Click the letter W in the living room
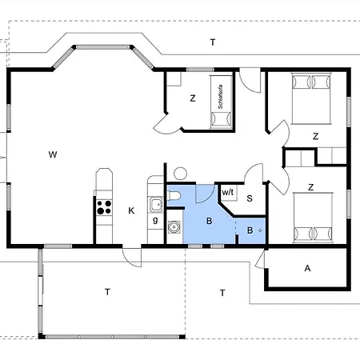click(52, 152)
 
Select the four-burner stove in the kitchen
click(103, 206)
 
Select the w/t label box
click(228, 193)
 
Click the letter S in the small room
click(250, 198)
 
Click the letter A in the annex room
click(307, 269)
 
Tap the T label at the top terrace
click(212, 42)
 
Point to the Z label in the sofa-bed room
click(193, 99)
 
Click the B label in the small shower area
click(250, 230)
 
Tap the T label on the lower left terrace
click(106, 292)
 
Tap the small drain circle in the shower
click(260, 230)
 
